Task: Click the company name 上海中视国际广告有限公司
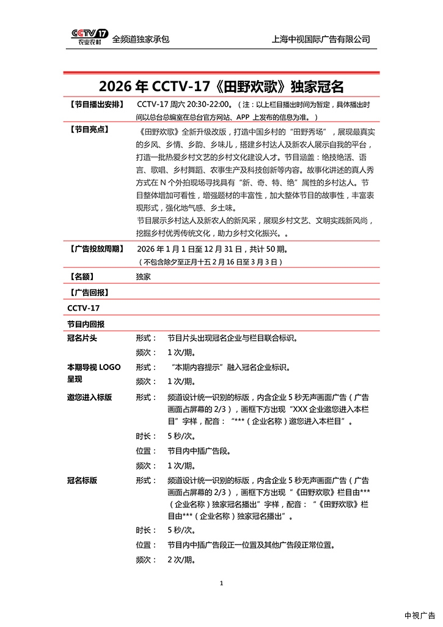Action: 321,39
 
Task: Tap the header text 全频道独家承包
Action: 141,39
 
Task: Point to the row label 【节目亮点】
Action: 89,130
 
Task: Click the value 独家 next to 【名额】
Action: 144,276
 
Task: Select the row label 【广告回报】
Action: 89,292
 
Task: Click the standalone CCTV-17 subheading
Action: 83,308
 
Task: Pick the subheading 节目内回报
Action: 86,324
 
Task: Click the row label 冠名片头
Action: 82,338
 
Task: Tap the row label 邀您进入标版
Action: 89,397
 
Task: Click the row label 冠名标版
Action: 82,480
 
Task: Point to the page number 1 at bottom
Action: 221,583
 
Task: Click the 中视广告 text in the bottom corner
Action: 420,615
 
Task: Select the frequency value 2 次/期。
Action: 181,559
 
